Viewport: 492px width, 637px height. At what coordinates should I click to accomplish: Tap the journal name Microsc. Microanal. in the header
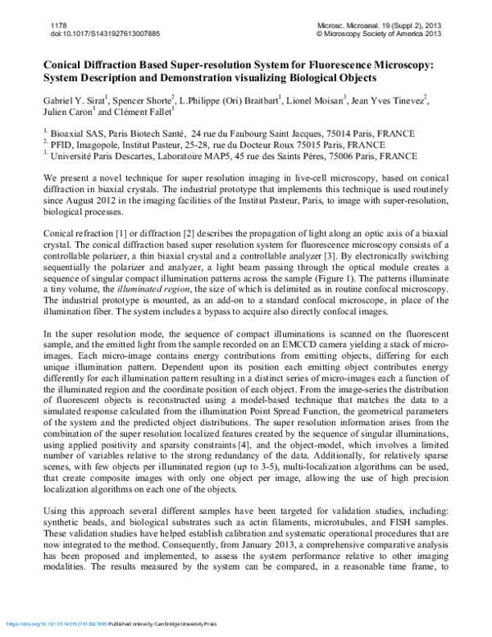click(350, 26)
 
